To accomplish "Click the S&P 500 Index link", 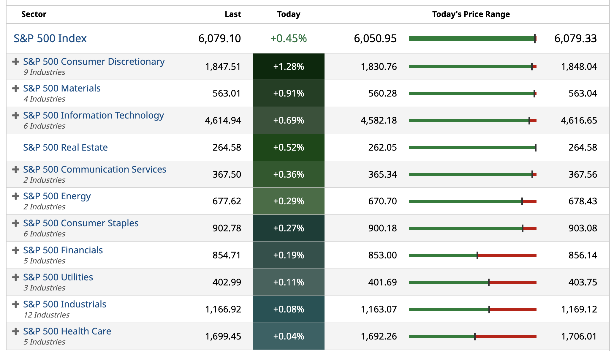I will [50, 39].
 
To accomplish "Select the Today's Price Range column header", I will [471, 14].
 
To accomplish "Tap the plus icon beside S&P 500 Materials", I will [15, 88].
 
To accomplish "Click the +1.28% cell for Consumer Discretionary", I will [289, 67].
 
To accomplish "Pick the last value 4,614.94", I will [223, 120].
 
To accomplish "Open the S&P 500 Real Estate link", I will [65, 147].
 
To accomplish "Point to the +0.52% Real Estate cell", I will [289, 147].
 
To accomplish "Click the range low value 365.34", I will [382, 174].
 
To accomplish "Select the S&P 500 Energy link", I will [57, 196].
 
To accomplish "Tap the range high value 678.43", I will [583, 201].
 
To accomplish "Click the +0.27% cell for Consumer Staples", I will [289, 228].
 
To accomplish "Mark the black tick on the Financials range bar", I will [477, 255].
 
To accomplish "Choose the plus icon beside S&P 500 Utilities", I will [15, 277].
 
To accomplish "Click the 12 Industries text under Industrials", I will [47, 315].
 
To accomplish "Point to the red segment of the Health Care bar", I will [506, 337].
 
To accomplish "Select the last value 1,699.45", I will [223, 336].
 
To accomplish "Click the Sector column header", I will [34, 14].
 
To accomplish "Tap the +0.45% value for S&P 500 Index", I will [288, 39].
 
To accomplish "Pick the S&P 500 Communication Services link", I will [94, 169].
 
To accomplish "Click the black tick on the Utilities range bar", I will [489, 282].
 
